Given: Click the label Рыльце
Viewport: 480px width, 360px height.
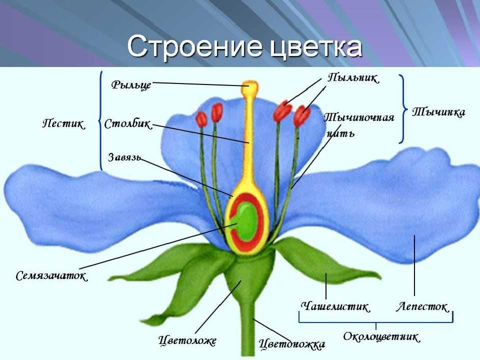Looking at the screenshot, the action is [x=131, y=84].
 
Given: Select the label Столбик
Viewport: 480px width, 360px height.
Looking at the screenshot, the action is [x=128, y=124].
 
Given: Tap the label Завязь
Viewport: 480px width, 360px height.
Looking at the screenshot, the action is [x=124, y=157].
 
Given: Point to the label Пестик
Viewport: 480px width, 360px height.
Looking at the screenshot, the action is [x=63, y=123].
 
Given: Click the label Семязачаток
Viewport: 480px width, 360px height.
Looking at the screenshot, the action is [x=51, y=276].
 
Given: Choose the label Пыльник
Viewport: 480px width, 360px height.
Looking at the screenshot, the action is [x=353, y=78].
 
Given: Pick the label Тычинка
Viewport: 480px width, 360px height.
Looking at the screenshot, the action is [x=438, y=112].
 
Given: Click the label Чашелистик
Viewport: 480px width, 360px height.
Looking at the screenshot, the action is [x=335, y=306].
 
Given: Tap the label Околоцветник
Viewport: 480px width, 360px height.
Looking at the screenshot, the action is [x=381, y=336].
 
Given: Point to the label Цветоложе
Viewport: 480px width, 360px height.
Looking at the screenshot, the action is [x=187, y=340].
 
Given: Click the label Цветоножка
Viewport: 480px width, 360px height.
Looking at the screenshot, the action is [x=291, y=344].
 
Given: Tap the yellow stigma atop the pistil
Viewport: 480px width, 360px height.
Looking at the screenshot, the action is [x=249, y=87].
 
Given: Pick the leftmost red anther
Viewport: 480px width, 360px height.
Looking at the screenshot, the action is [x=202, y=119].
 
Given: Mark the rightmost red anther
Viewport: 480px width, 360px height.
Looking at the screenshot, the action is [x=301, y=115].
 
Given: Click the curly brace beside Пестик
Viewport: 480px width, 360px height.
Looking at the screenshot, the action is [x=100, y=121].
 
